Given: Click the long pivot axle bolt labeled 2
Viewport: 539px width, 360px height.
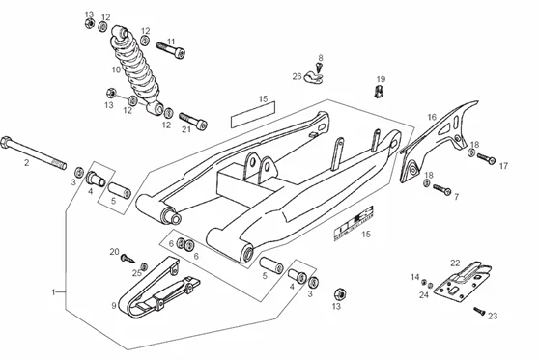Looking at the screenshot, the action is pyautogui.click(x=34, y=152).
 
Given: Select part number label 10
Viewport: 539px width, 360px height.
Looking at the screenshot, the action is pyautogui.click(x=116, y=69).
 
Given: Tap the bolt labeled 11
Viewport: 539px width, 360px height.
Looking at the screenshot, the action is pyautogui.click(x=171, y=50).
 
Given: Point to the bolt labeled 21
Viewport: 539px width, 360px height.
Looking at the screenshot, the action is pyautogui.click(x=193, y=121).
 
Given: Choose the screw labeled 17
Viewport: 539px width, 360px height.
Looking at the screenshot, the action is pyautogui.click(x=486, y=158).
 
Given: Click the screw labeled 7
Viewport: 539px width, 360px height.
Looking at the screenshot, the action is pyautogui.click(x=442, y=189).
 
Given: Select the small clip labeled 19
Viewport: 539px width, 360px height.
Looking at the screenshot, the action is pyautogui.click(x=379, y=92).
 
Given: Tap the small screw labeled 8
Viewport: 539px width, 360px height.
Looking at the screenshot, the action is pyautogui.click(x=320, y=67).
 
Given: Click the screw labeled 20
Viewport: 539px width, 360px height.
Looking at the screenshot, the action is pyautogui.click(x=128, y=259).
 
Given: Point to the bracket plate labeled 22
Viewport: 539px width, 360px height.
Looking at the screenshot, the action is pyautogui.click(x=463, y=283).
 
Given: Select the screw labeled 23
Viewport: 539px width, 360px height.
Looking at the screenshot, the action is pyautogui.click(x=479, y=311).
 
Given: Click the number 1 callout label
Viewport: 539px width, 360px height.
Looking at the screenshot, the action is pyautogui.click(x=53, y=292).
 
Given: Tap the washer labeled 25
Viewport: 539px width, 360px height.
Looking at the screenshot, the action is pyautogui.click(x=144, y=266).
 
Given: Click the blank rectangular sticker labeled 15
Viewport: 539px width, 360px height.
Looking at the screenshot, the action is pyautogui.click(x=253, y=115).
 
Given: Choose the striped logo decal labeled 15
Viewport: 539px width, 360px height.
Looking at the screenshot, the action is pyautogui.click(x=354, y=223).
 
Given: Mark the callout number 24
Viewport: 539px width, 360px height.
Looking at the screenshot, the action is pyautogui.click(x=424, y=294).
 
